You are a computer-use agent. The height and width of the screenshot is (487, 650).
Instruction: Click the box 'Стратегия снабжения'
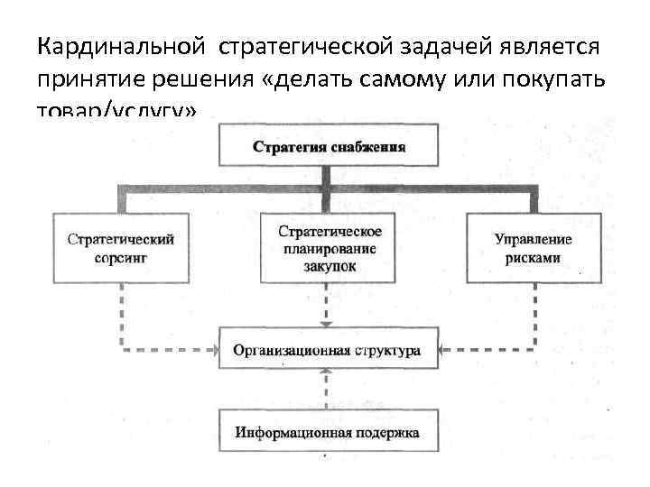328,145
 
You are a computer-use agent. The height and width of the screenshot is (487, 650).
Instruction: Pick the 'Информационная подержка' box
328,432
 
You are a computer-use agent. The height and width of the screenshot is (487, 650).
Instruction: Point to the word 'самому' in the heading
401,78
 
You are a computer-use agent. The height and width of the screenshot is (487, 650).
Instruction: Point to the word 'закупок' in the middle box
329,266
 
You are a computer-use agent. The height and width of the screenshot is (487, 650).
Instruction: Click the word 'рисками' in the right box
534,257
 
